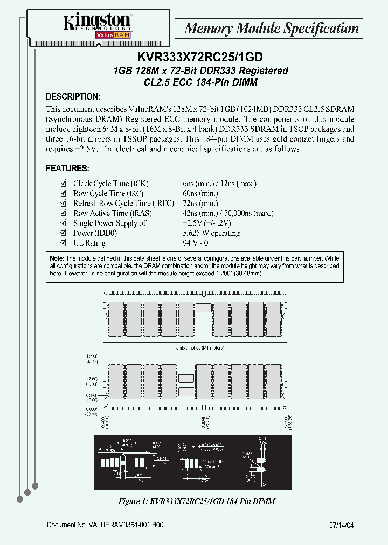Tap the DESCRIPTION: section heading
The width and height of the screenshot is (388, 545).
tap(73, 97)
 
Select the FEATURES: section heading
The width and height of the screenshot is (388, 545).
tap(67, 169)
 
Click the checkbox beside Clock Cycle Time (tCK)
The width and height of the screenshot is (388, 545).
tap(64, 184)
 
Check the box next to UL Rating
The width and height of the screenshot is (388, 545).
tap(64, 243)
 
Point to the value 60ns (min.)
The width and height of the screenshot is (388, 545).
tap(200, 193)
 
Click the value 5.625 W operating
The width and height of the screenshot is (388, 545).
tap(211, 233)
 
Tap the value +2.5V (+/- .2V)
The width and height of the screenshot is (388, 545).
tap(207, 223)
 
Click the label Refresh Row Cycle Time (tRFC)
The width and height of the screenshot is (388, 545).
tap(123, 204)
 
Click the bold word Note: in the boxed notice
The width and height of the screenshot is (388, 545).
tap(57, 258)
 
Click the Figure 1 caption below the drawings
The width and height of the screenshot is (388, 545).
tap(197, 501)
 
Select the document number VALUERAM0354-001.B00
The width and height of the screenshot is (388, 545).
tap(105, 525)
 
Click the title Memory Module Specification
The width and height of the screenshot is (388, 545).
tap(272, 29)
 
